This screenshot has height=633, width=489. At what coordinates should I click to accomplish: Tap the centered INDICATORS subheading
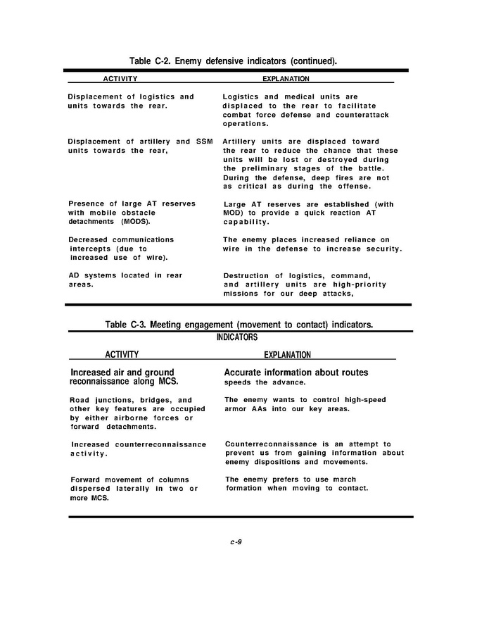point(237,337)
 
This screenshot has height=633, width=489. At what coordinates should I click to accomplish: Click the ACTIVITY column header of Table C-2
point(120,79)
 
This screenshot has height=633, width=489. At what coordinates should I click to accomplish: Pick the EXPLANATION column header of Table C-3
point(287,355)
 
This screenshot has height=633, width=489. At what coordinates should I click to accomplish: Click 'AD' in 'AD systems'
point(73,275)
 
